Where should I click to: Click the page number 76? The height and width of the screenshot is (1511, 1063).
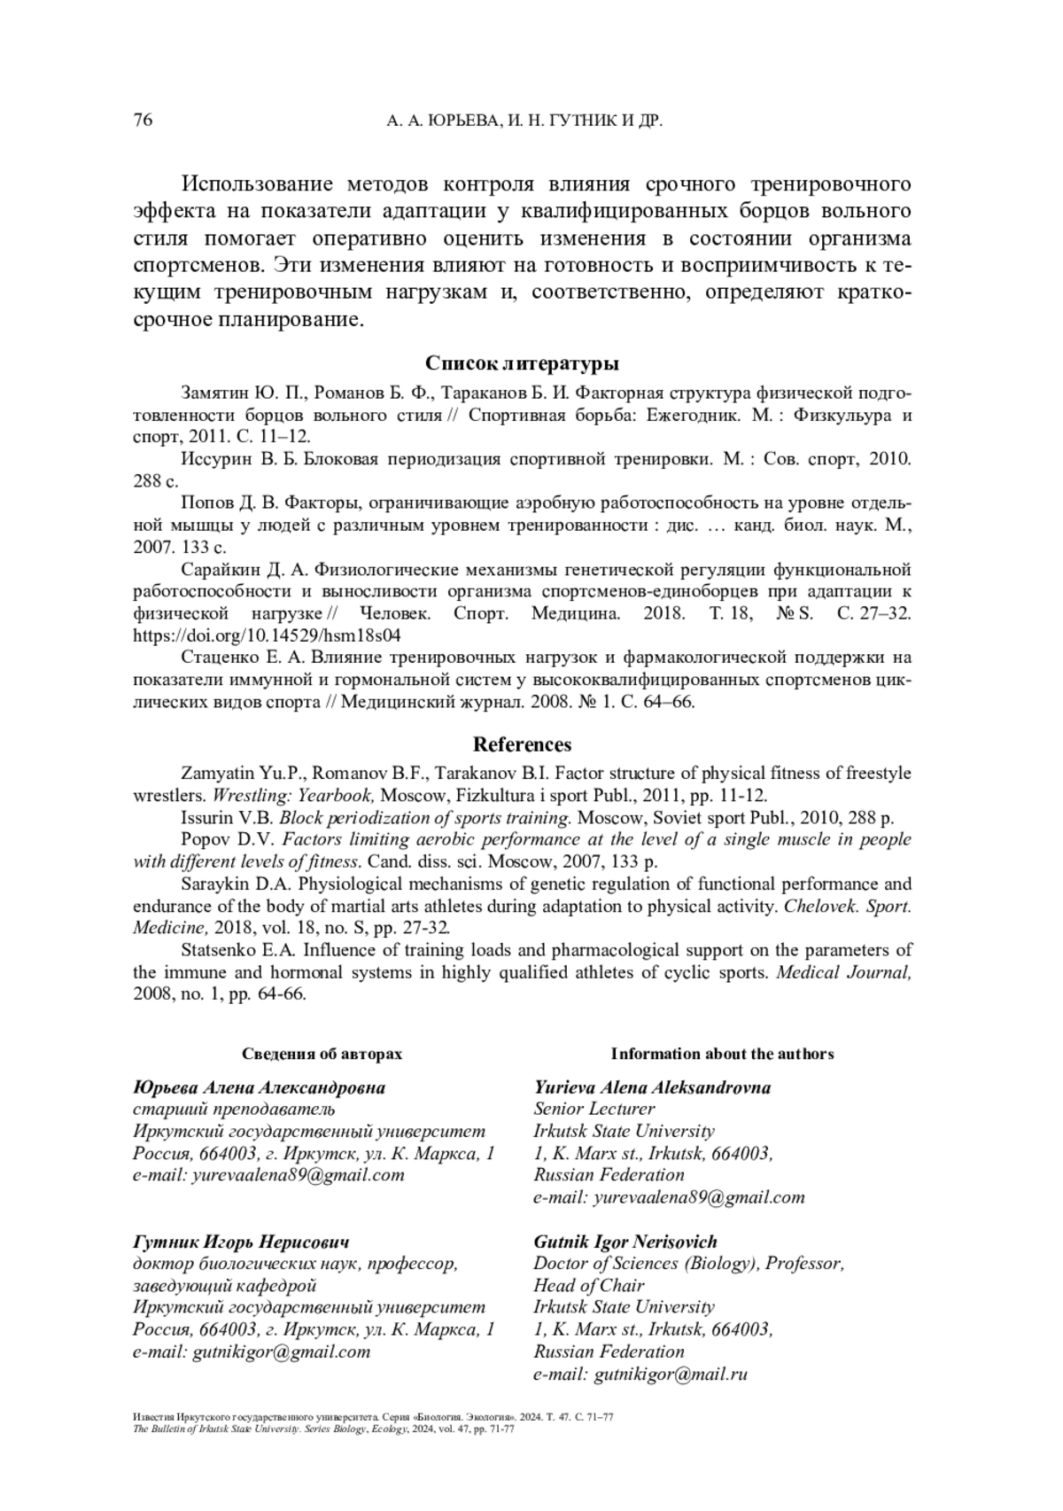[143, 121]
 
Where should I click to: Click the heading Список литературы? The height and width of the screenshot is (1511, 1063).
[522, 363]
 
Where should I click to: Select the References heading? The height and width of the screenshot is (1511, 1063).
[522, 744]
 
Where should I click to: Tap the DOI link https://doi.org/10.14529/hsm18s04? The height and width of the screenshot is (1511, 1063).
[267, 635]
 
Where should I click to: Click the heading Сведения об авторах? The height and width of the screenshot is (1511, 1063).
[322, 1054]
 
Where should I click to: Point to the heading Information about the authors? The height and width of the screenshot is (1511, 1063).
[722, 1054]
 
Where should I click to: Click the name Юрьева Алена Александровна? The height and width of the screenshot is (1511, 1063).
[259, 1087]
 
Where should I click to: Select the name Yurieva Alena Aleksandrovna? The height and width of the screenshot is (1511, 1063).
[652, 1087]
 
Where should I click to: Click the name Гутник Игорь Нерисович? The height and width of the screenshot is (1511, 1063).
[240, 1242]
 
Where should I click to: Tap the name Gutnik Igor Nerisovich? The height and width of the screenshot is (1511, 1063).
[625, 1242]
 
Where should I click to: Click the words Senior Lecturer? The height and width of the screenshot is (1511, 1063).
[594, 1109]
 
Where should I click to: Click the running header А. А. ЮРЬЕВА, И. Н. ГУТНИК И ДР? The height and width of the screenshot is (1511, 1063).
[525, 121]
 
